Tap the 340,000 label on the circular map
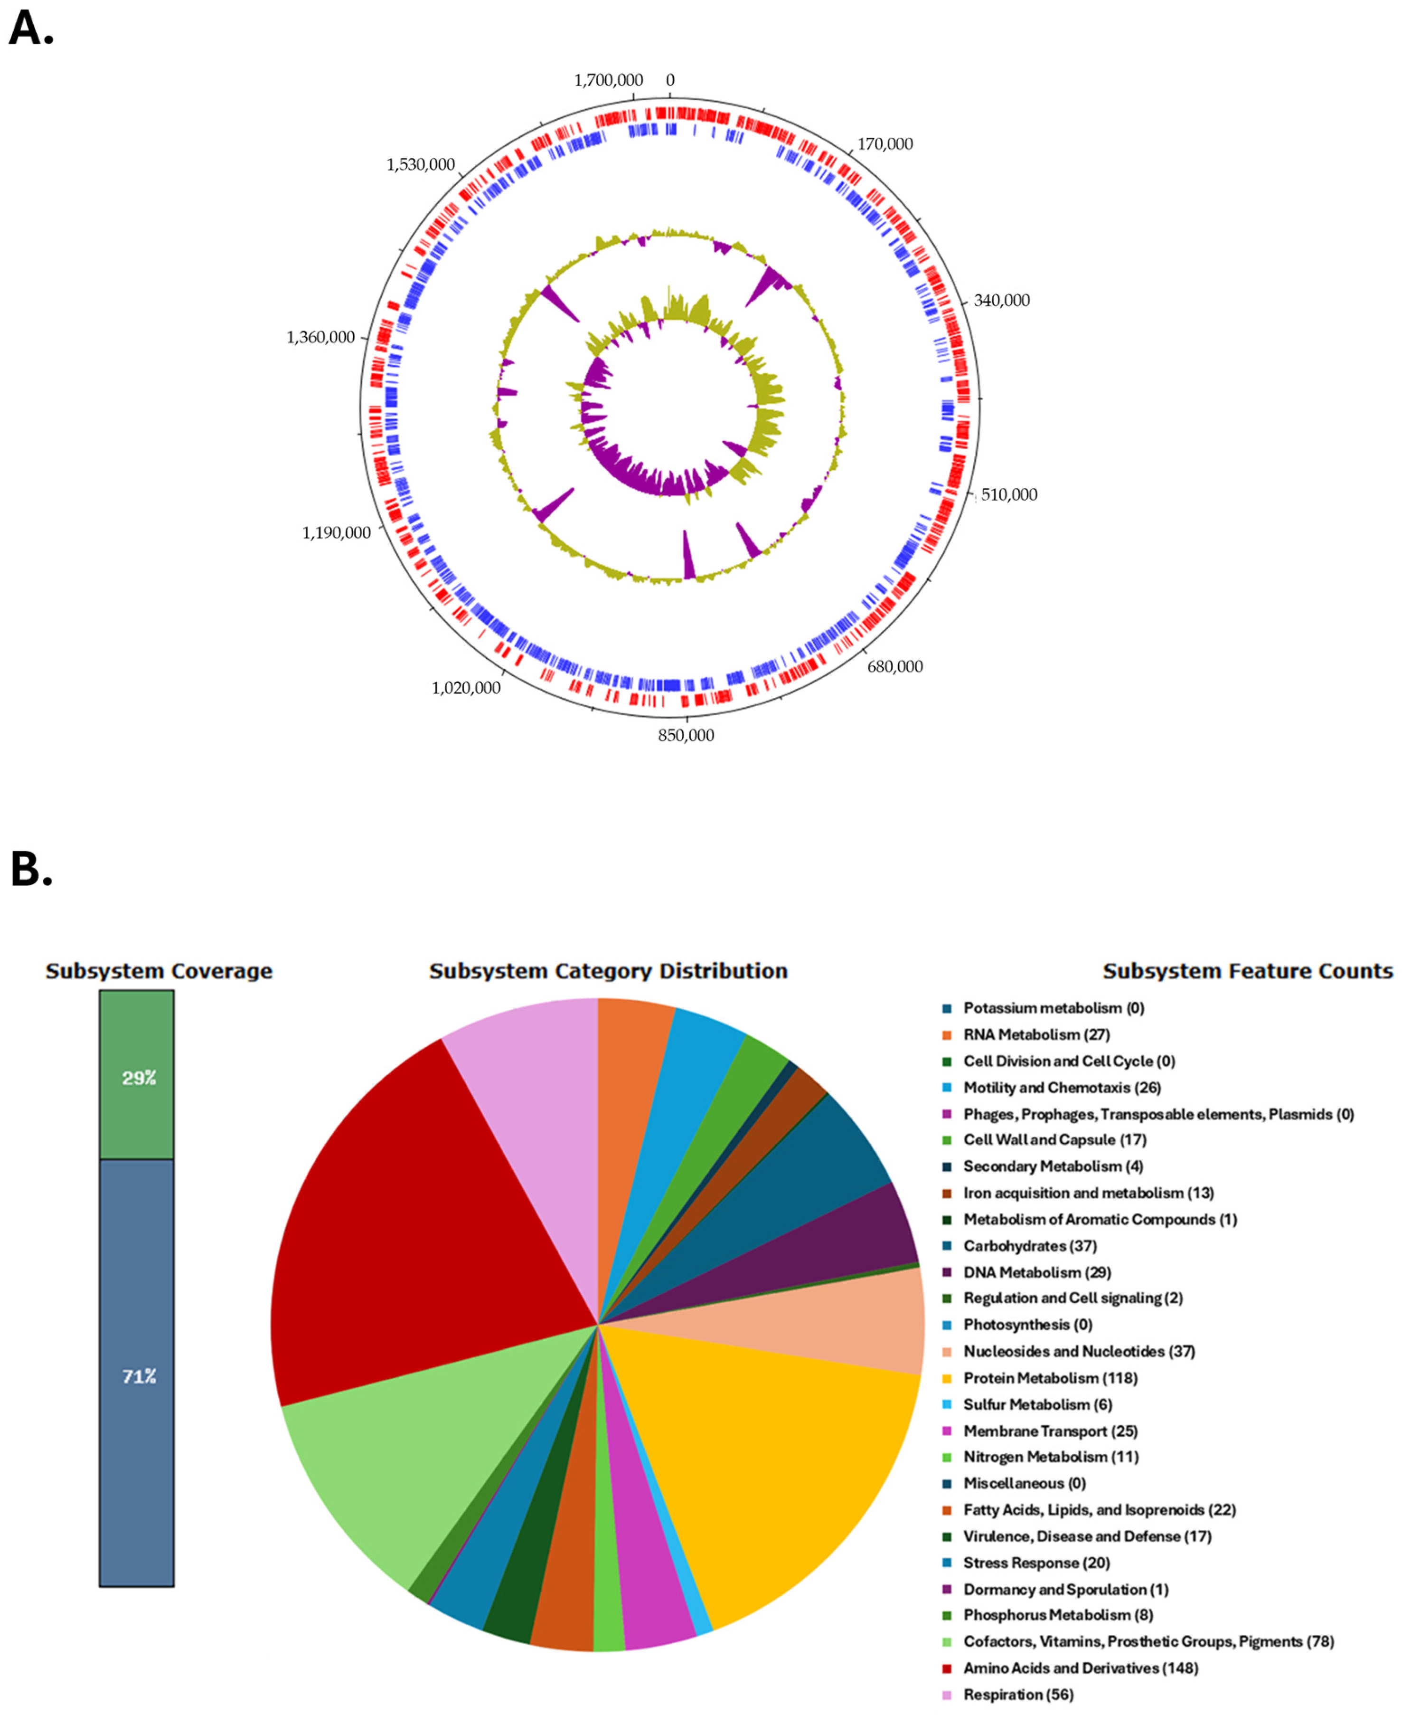(1001, 301)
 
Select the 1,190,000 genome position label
(337, 532)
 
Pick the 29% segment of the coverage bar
(136, 1078)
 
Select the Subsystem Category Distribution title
(608, 970)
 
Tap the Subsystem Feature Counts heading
(1248, 970)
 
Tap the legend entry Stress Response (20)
(1036, 1563)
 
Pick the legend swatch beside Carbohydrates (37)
(947, 1246)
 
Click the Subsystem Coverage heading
(159, 970)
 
